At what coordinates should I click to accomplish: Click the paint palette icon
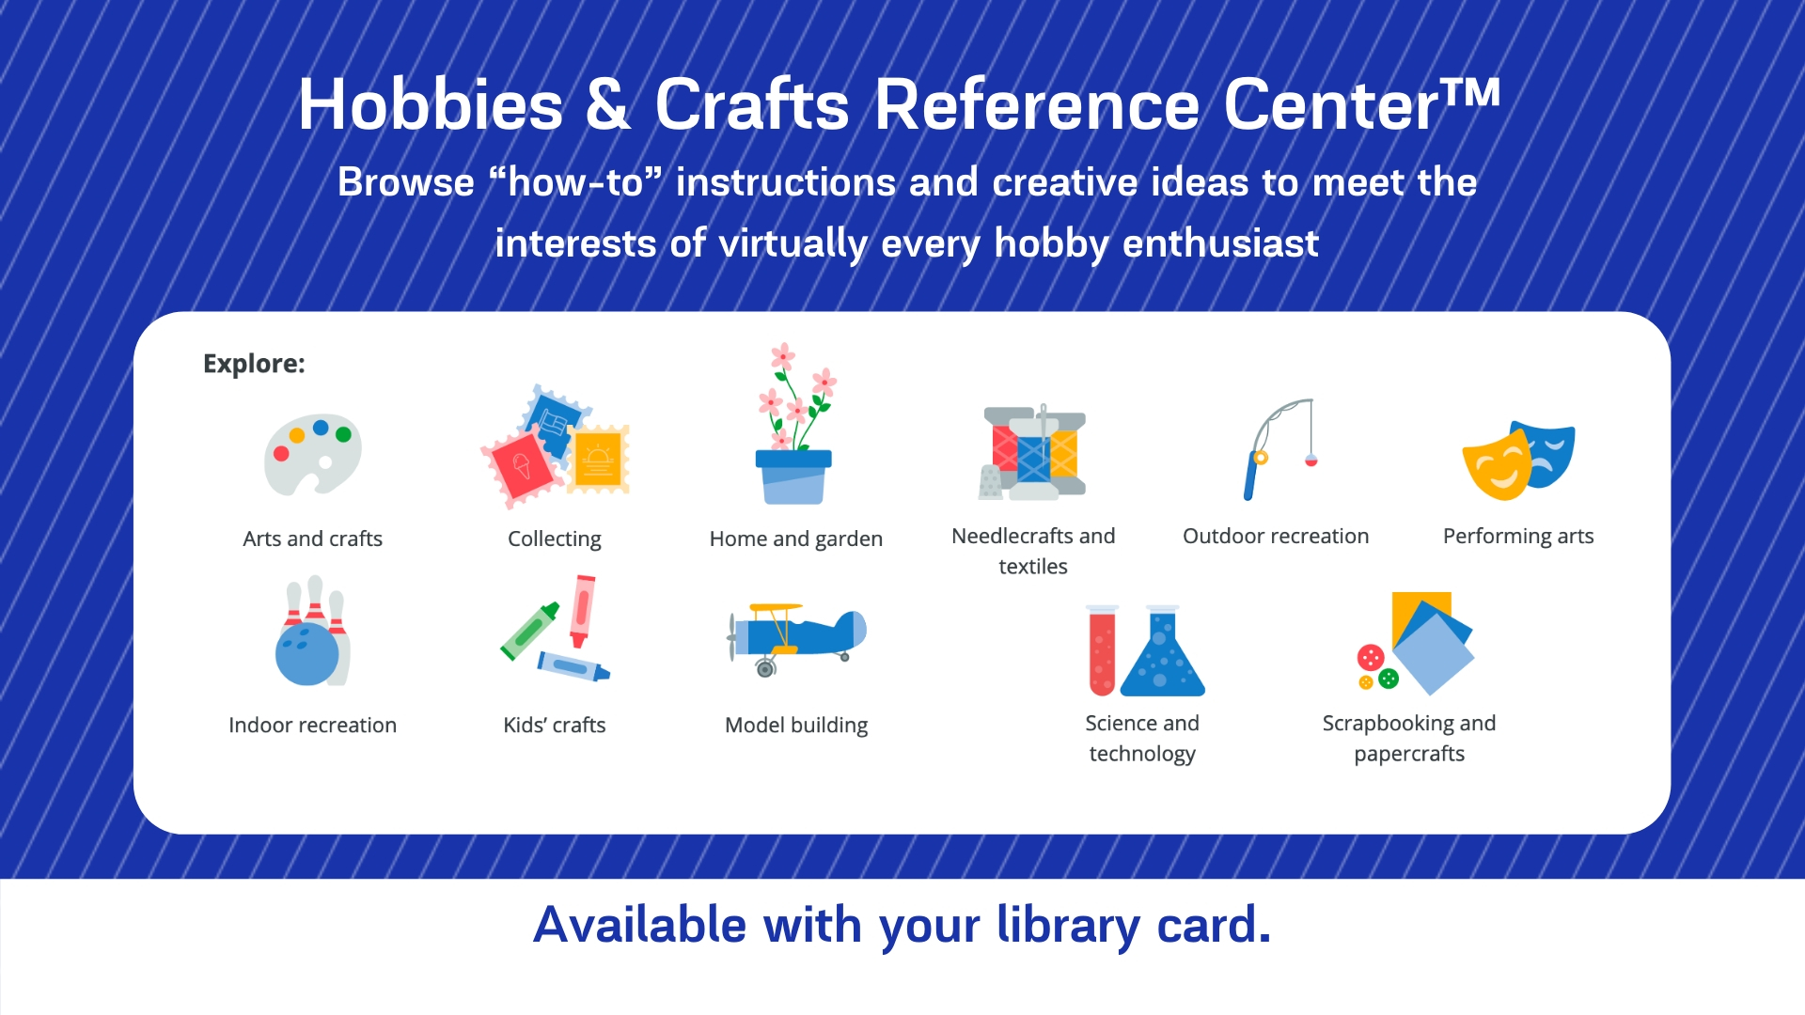click(312, 455)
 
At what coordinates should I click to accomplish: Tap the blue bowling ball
click(306, 654)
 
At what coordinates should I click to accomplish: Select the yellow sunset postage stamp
click(598, 460)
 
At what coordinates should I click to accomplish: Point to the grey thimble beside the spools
click(991, 482)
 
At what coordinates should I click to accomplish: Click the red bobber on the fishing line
click(1311, 461)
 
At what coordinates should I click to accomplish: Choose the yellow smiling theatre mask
click(1497, 465)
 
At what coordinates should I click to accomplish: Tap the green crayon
click(530, 631)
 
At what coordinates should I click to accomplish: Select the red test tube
click(1102, 649)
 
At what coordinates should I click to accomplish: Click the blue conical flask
click(1162, 651)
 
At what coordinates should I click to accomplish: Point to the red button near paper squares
click(1371, 657)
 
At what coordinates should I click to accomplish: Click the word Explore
click(254, 365)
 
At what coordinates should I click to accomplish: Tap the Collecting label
click(555, 539)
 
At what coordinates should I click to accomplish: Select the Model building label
click(796, 726)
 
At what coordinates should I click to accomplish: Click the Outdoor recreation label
click(1276, 537)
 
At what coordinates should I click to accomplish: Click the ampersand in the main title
click(608, 104)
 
